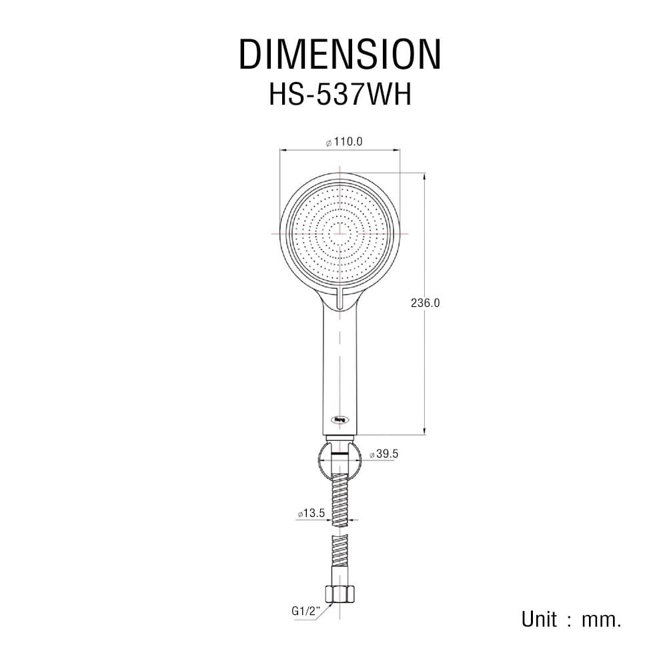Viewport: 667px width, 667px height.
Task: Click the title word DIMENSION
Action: (340, 54)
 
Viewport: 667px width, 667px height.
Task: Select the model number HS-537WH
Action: (340, 95)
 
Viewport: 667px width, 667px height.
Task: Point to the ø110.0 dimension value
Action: (344, 141)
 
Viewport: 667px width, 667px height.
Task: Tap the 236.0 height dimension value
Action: (425, 303)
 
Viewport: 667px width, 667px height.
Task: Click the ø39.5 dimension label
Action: (384, 454)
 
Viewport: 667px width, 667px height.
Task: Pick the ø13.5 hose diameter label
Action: (311, 514)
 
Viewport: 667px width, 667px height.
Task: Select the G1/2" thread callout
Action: (305, 611)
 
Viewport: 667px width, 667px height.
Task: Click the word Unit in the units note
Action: (539, 620)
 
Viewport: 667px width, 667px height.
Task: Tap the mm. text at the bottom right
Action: (602, 620)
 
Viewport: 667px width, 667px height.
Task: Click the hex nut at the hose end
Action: (340, 594)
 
